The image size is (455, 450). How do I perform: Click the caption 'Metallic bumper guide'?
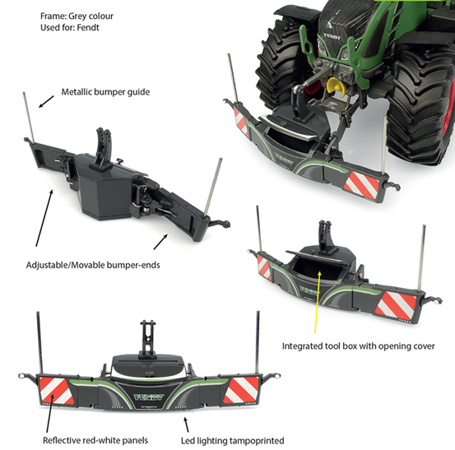coord(105,92)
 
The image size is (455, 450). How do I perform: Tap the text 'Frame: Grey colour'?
coord(77,16)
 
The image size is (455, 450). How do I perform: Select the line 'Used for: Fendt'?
coord(70,28)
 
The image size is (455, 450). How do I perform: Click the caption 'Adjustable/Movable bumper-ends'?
coord(93,265)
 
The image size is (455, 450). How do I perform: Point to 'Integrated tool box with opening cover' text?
coord(359,346)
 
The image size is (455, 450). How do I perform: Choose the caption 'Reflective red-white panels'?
coord(95,440)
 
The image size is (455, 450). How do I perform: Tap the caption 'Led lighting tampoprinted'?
coord(232,441)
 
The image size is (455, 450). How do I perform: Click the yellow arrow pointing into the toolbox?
coord(317,303)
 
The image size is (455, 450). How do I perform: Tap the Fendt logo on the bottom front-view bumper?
coord(149,397)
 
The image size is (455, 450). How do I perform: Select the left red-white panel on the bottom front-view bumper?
coord(57,391)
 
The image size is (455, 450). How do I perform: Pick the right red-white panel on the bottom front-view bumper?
coord(240,391)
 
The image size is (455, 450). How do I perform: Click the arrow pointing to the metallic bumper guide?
coord(46,101)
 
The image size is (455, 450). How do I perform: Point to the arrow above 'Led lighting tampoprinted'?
coord(186,424)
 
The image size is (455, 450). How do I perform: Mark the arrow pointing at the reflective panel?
coord(50,413)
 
